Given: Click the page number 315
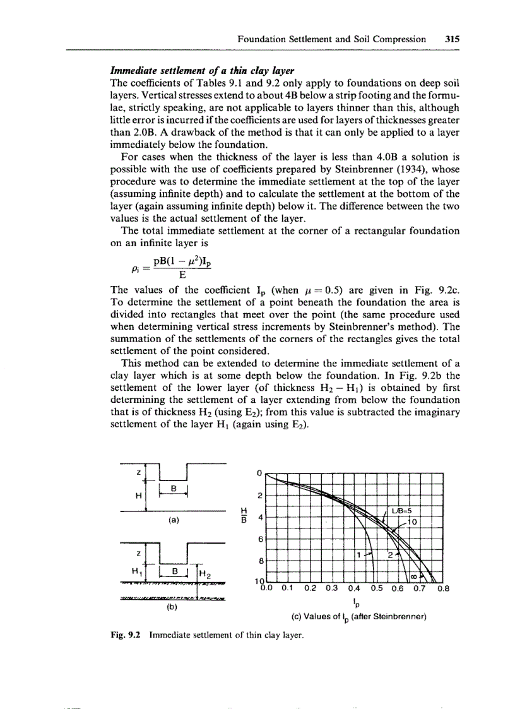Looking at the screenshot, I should (451, 39).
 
